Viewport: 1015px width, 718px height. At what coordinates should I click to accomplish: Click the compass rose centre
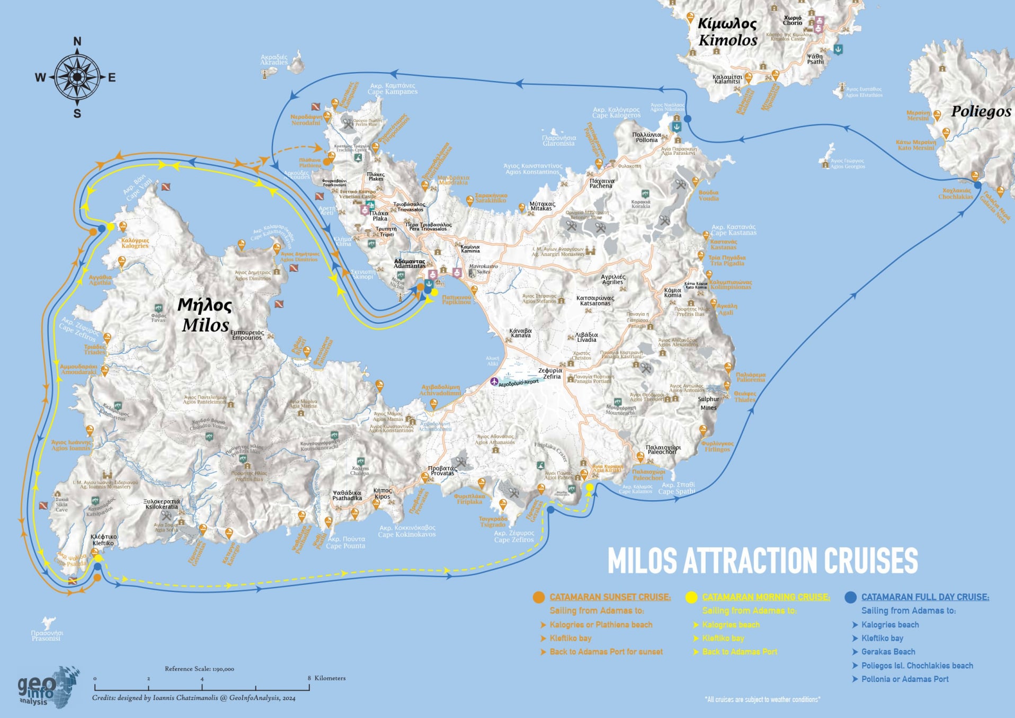[77, 77]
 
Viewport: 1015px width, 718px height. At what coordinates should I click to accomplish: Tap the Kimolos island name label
[727, 32]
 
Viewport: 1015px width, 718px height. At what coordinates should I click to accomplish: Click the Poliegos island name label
[981, 111]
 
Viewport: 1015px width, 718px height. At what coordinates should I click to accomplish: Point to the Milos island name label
[205, 315]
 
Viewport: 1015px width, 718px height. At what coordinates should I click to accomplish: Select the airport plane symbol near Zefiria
[494, 382]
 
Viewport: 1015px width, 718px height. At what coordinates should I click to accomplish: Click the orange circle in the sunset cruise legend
[538, 597]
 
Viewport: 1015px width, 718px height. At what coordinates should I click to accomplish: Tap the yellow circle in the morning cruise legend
[691, 597]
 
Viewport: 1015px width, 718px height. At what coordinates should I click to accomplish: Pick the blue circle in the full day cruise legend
[850, 597]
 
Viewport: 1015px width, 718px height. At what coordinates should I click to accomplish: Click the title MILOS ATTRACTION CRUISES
[762, 561]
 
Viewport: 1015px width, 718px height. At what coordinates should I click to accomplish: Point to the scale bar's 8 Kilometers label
[326, 678]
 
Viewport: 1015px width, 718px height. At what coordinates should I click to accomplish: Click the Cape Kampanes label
[393, 88]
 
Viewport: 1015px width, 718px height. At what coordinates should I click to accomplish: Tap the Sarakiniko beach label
[491, 198]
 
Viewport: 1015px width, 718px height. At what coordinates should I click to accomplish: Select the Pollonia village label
[646, 137]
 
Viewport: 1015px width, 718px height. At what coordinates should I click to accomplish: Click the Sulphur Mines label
[708, 403]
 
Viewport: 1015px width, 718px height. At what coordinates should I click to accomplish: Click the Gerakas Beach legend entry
[888, 652]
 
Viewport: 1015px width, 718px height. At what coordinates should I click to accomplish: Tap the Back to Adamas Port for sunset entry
[606, 652]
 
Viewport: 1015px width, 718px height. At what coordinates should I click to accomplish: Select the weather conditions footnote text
[762, 699]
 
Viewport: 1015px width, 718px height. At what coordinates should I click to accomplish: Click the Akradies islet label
[274, 59]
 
